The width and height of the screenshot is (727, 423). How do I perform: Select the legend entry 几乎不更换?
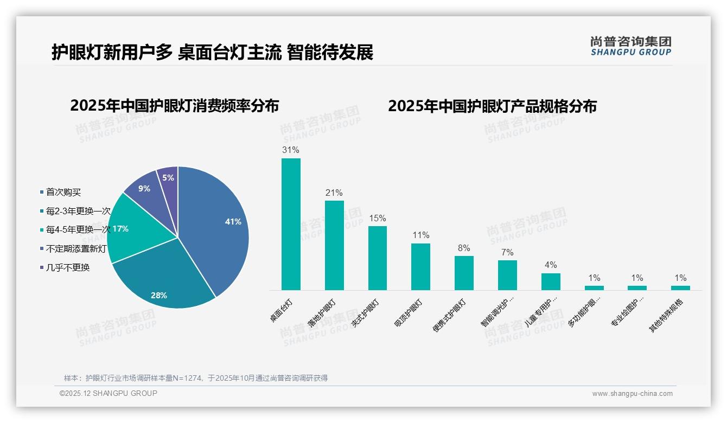68,267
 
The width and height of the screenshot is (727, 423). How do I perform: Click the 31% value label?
291,150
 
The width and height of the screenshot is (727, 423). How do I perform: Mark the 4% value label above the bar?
551,265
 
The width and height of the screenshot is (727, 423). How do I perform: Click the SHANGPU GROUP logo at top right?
631,46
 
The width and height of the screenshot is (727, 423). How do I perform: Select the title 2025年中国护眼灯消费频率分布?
174,106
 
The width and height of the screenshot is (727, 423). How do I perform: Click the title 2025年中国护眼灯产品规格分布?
492,106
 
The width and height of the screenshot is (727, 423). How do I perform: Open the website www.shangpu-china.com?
632,394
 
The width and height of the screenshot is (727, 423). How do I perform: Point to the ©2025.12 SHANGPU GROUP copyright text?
108,393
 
